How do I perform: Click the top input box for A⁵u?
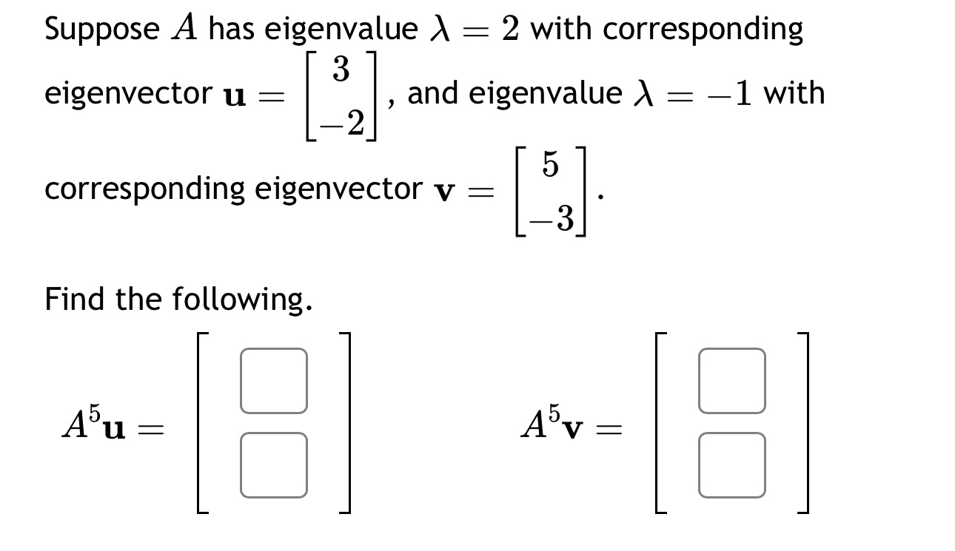(x=273, y=381)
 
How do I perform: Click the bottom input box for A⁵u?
(x=273, y=464)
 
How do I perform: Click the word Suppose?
(x=101, y=30)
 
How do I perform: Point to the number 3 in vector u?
(x=341, y=70)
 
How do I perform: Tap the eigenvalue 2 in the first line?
(x=509, y=30)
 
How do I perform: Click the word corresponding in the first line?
(x=703, y=30)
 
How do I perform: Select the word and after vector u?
(x=435, y=94)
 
